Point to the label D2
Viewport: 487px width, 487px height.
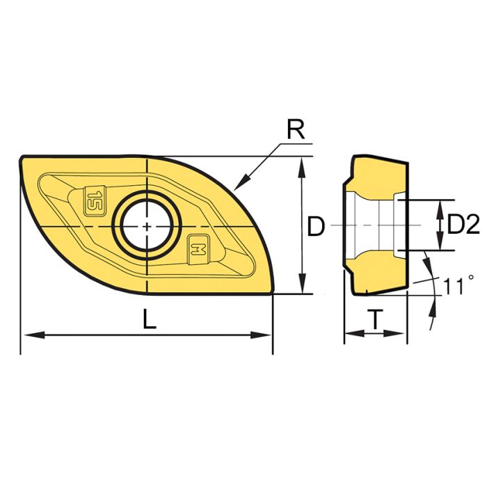coord(463,225)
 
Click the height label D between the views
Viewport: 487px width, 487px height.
coord(315,226)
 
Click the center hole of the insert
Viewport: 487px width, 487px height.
coord(148,226)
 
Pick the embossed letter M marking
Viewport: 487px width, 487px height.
coord(199,248)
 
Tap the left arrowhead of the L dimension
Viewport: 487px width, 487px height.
coord(28,335)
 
